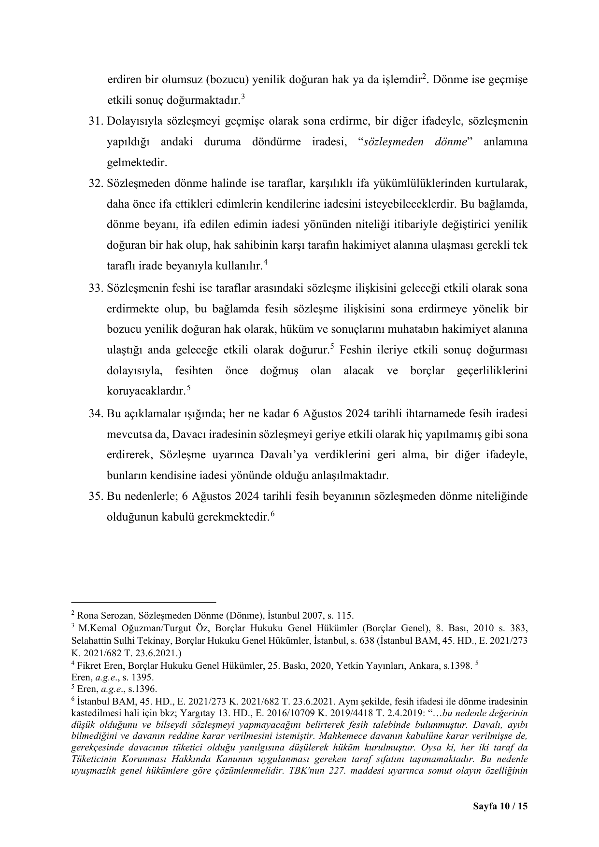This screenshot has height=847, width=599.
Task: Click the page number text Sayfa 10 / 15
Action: (500, 806)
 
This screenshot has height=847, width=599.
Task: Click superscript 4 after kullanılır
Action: (265, 263)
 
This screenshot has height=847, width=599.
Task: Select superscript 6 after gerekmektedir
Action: (272, 515)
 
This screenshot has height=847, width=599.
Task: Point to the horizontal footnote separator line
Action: (143, 602)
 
